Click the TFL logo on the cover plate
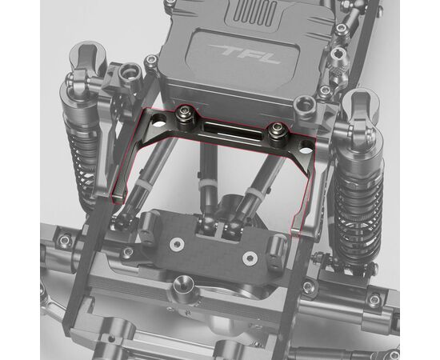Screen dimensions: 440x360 pos(245,54)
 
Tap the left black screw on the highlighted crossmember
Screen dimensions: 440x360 pos(186,114)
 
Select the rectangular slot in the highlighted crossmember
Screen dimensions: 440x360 pos(233,130)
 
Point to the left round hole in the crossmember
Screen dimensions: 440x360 pos(159,120)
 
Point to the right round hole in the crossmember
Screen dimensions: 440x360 pos(306,147)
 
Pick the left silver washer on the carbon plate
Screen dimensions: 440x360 pos(177,244)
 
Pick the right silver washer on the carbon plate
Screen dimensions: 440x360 pos(250,258)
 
